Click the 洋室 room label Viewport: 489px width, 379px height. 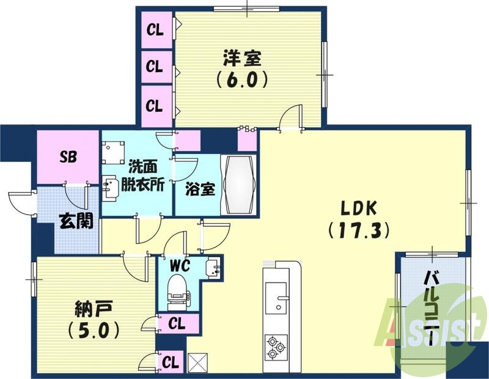pos(242,59)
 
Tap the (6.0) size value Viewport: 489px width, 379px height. pos(241,80)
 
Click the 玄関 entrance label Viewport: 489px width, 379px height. pos(76,221)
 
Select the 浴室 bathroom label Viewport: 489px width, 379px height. pos(200,188)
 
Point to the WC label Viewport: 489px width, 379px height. pos(182,266)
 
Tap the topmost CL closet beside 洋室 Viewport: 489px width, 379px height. pos(155,29)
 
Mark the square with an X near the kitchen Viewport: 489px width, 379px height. pos(197,362)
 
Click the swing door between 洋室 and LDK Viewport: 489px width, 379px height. pos(290,117)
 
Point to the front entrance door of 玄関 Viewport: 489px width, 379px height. pos(21,202)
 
